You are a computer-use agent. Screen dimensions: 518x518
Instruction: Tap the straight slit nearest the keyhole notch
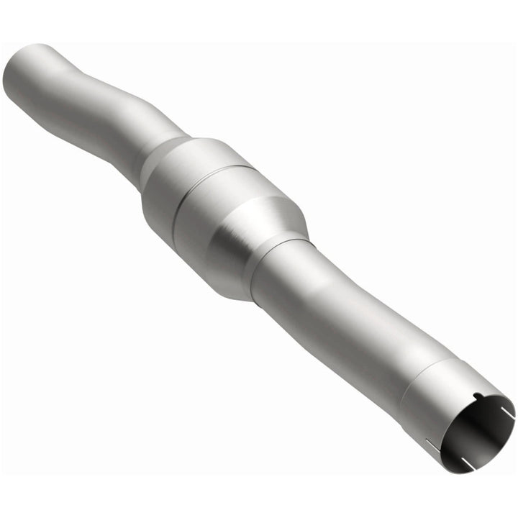click(x=506, y=412)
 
